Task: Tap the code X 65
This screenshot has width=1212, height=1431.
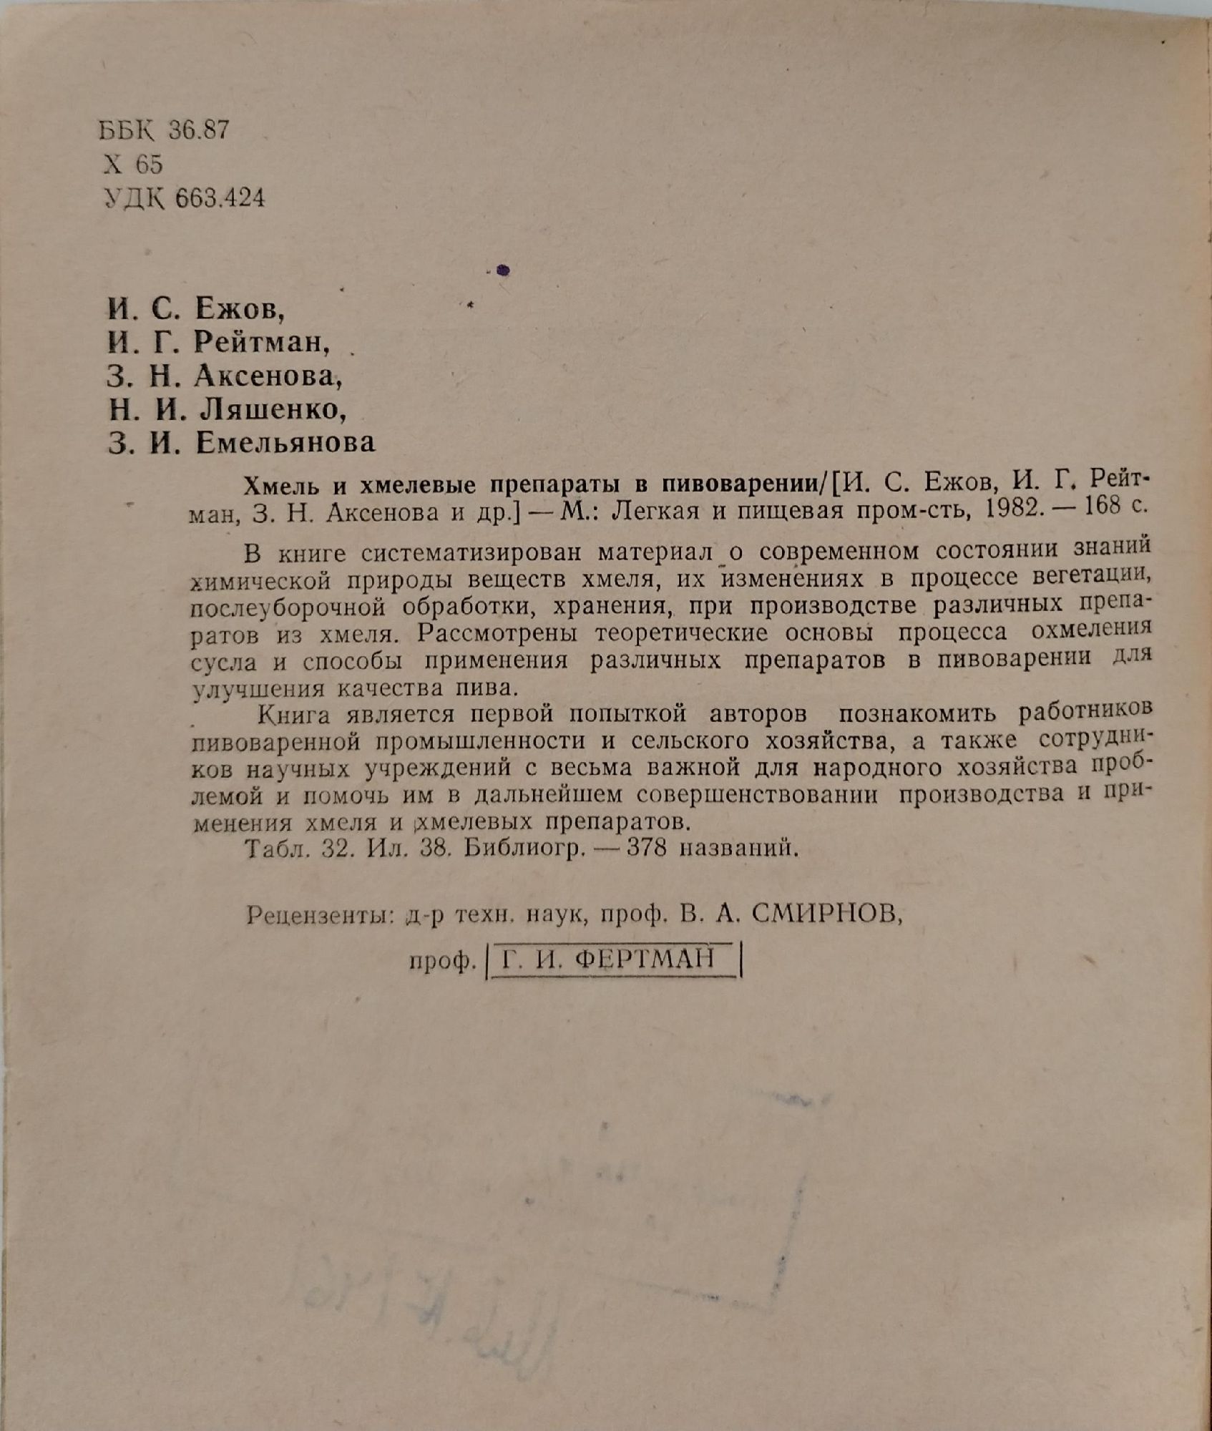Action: (133, 165)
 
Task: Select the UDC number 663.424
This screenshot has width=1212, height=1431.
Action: (220, 198)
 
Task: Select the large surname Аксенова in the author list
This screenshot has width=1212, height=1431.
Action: (265, 376)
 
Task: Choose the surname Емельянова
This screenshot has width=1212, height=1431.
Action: (285, 443)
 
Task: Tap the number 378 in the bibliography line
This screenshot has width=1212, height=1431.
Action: (647, 849)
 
